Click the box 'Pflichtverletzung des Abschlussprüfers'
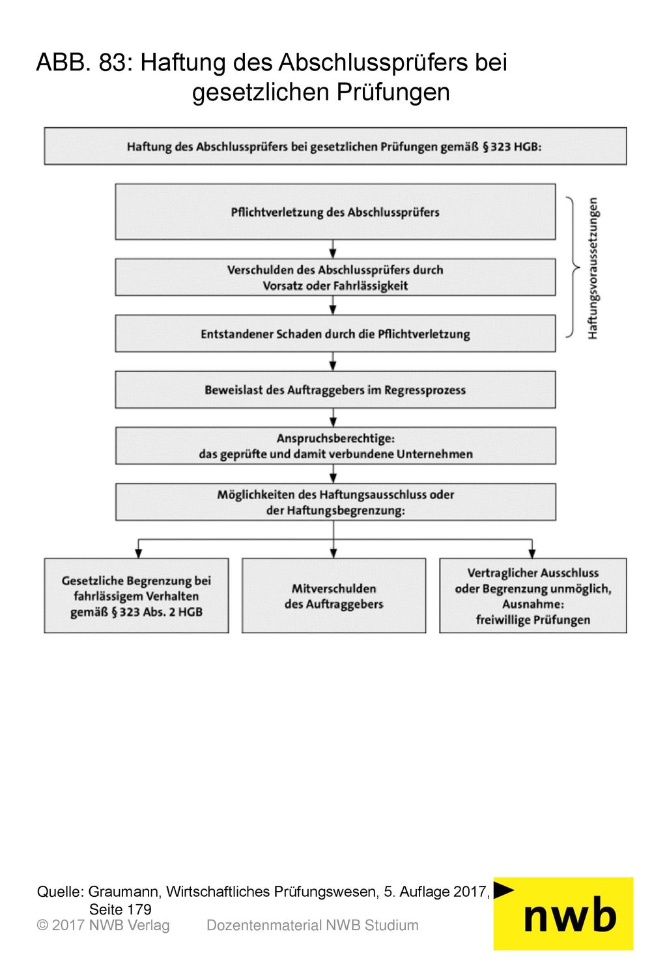335,212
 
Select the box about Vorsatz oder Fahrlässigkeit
335,277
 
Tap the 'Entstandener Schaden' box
335,334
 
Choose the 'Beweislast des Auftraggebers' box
335,390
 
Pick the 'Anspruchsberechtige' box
335,446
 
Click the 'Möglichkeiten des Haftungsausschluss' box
335,503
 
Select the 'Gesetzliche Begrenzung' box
136,596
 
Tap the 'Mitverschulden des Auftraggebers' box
333,596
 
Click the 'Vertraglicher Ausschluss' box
533,596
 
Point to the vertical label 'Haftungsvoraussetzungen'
593,268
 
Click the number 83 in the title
113,63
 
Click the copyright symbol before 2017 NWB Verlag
42,926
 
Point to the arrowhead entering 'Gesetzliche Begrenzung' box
138,553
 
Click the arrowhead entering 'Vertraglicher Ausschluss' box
532,553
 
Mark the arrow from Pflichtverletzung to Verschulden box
332,249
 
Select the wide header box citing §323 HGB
335,146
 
